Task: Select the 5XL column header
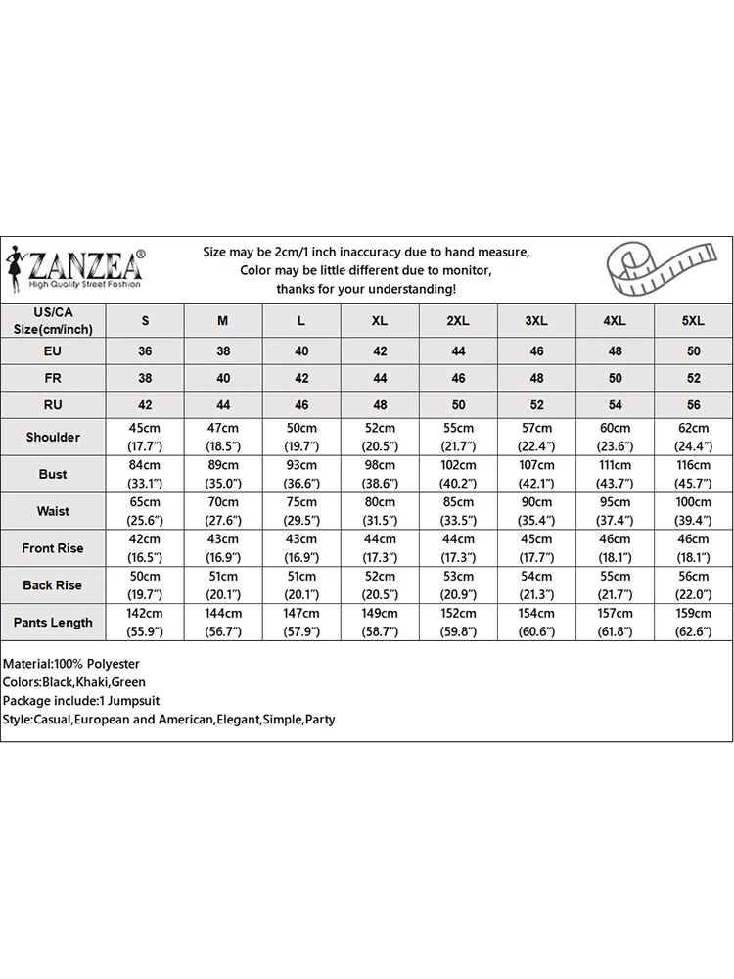coord(693,321)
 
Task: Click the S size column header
coord(146,321)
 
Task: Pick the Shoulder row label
coord(53,438)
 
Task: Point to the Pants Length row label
coord(53,623)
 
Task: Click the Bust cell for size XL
coord(380,475)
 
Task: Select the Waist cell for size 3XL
coord(536,512)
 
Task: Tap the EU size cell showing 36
coord(146,351)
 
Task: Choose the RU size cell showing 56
coord(693,405)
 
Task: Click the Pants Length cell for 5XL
coord(693,623)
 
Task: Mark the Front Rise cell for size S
coord(146,548)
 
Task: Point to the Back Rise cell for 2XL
coord(458,585)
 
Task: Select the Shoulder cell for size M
coord(223,438)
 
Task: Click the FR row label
coord(53,378)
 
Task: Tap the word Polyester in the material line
coord(112,664)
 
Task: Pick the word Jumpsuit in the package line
coord(132,701)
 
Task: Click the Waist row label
coord(53,512)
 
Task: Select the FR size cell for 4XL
coord(615,378)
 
